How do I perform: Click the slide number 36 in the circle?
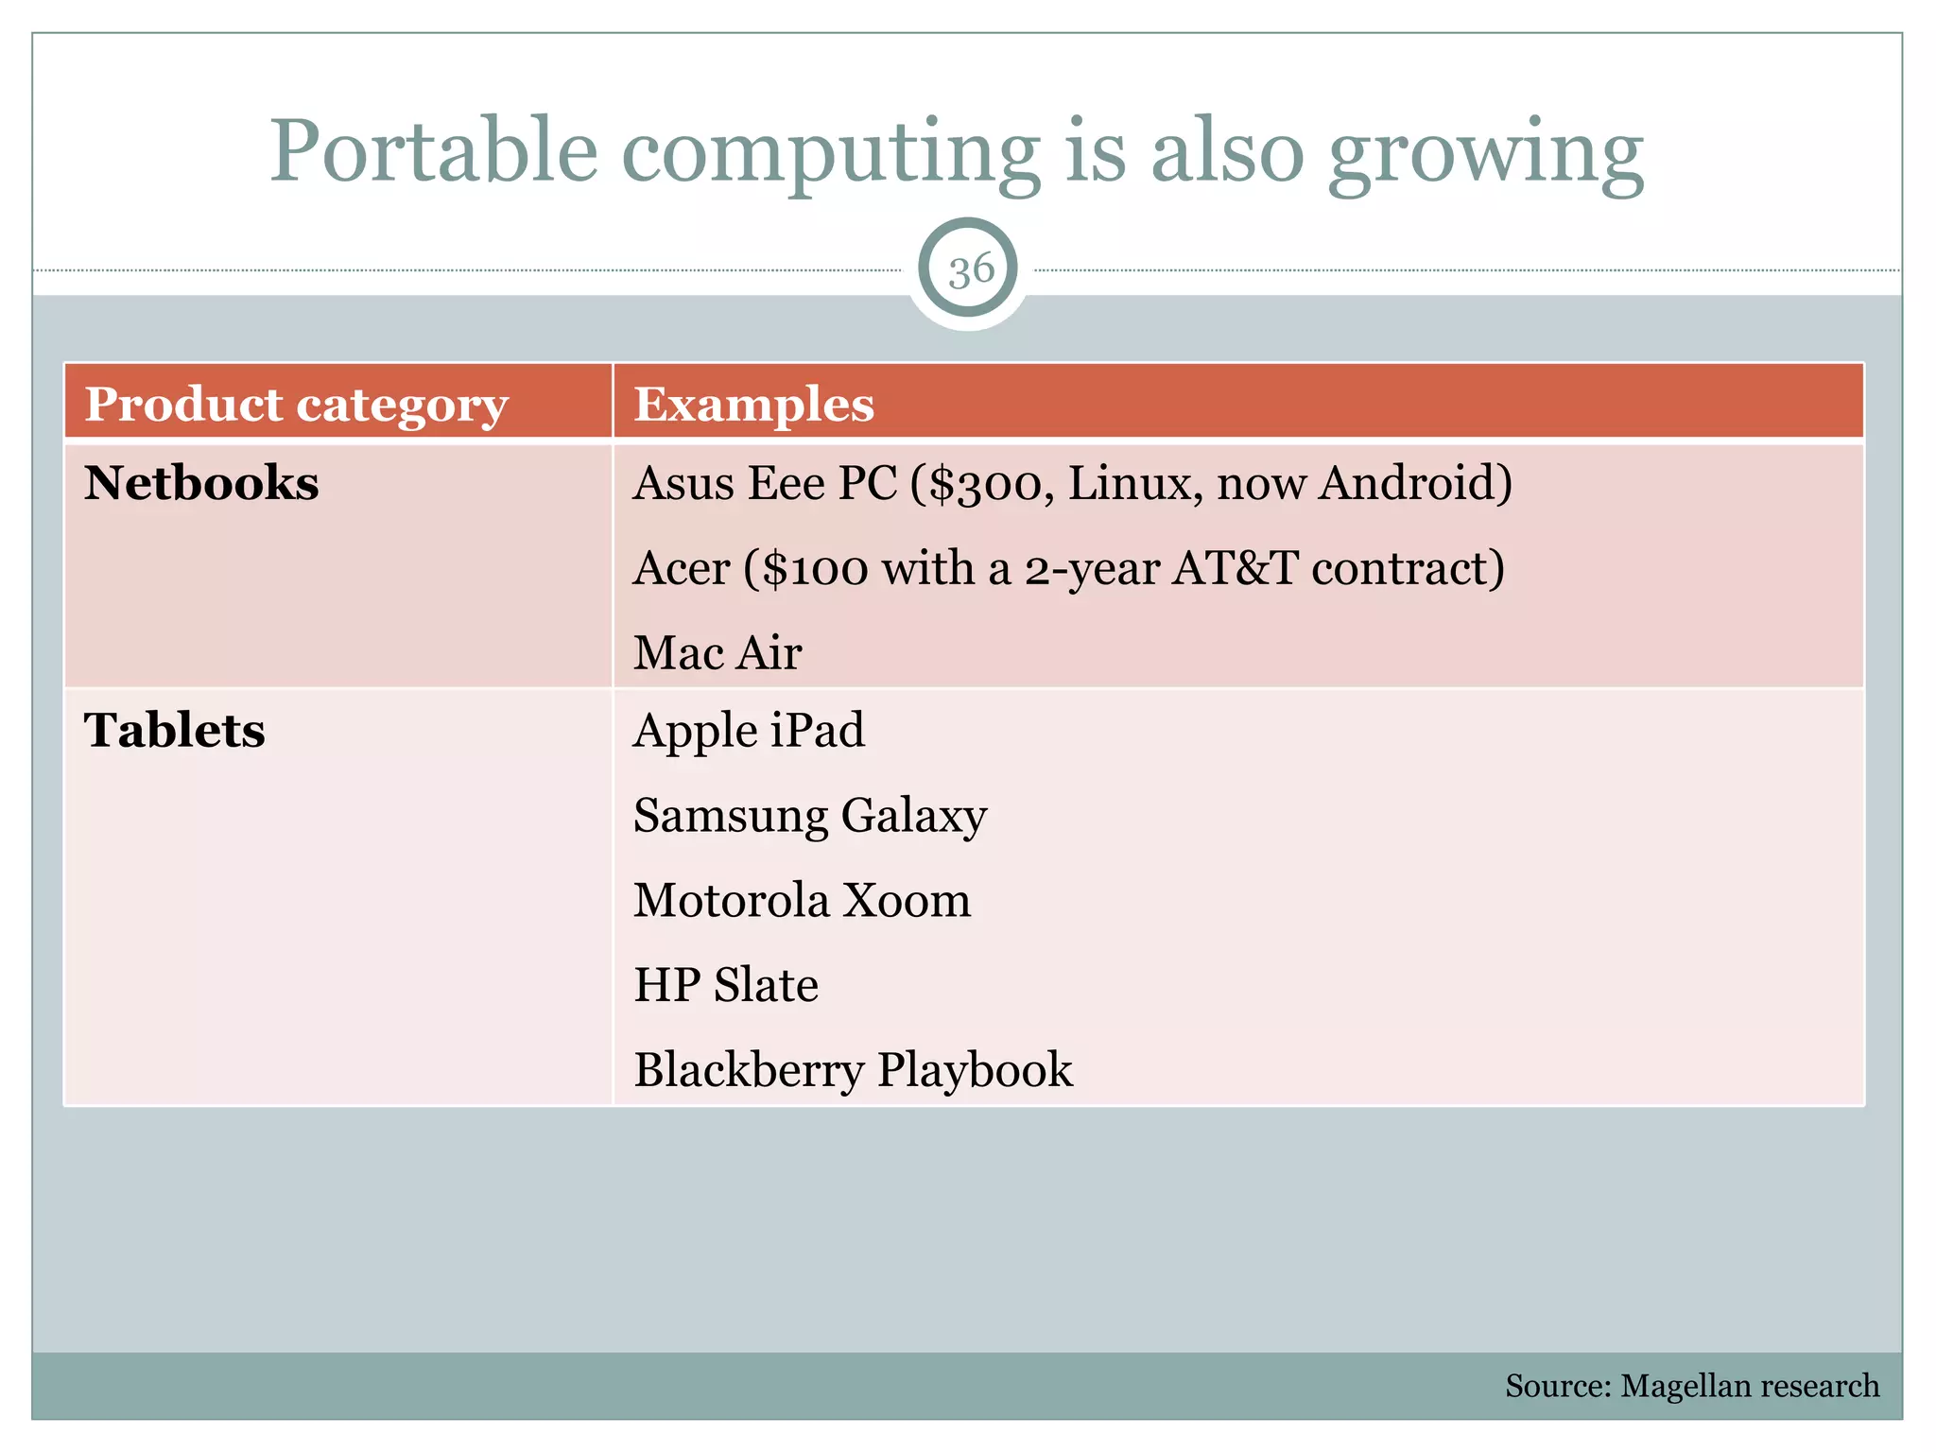(970, 270)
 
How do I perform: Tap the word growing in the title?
(1485, 153)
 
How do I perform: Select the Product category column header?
(297, 405)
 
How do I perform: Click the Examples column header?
(753, 405)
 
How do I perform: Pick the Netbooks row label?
(201, 483)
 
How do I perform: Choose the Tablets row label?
(175, 730)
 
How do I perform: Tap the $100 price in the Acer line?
(815, 569)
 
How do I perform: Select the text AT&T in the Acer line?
(1235, 569)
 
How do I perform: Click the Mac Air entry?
(717, 653)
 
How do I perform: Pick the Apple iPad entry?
(749, 731)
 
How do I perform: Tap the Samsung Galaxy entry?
(810, 816)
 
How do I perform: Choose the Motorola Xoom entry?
(802, 900)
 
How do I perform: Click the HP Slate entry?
(726, 985)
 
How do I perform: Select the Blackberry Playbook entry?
(853, 1070)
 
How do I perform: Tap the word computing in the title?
(831, 153)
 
